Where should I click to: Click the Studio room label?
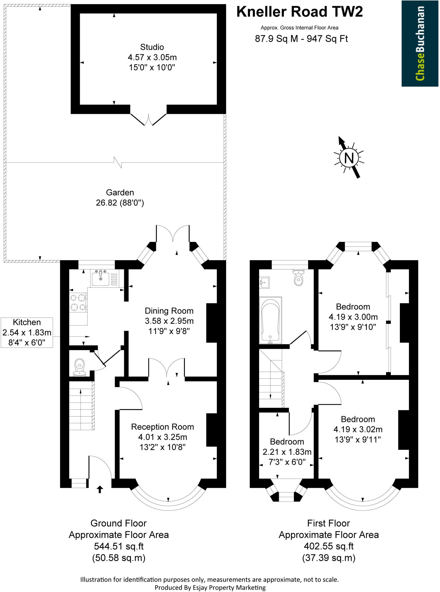pyautogui.click(x=152, y=47)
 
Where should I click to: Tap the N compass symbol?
pyautogui.click(x=349, y=158)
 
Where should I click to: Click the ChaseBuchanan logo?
pyautogui.click(x=420, y=43)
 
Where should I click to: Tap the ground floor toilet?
pyautogui.click(x=80, y=367)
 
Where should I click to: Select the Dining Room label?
pyautogui.click(x=169, y=311)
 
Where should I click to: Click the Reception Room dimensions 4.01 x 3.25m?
pyautogui.click(x=163, y=437)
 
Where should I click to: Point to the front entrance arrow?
pyautogui.click(x=100, y=489)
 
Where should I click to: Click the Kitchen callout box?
pyautogui.click(x=27, y=332)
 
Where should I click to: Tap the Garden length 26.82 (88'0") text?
pyautogui.click(x=120, y=203)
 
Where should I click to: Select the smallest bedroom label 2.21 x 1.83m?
pyautogui.click(x=287, y=452)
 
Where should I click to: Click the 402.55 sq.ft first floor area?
pyautogui.click(x=329, y=546)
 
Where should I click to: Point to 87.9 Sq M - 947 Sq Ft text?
pyautogui.click(x=301, y=39)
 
